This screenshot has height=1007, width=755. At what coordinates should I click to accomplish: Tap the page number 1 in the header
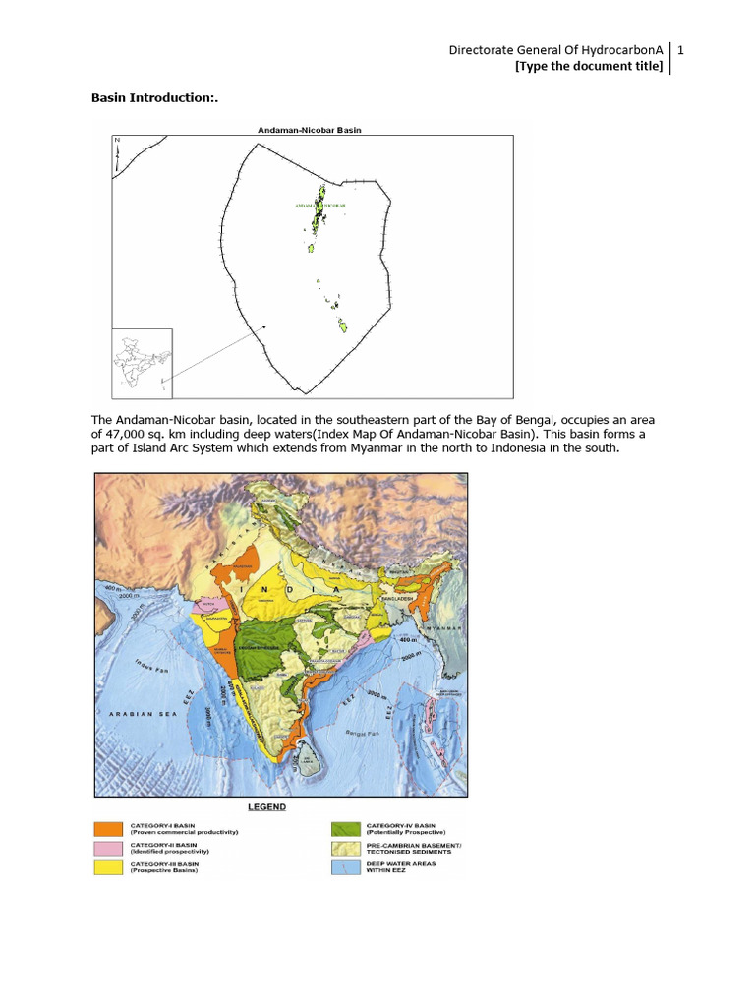pos(680,49)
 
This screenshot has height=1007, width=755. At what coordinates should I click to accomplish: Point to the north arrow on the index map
pos(117,154)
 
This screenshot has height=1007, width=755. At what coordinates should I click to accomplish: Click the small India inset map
pos(141,361)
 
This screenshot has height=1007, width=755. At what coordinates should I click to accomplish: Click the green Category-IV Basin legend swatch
pos(344,829)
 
